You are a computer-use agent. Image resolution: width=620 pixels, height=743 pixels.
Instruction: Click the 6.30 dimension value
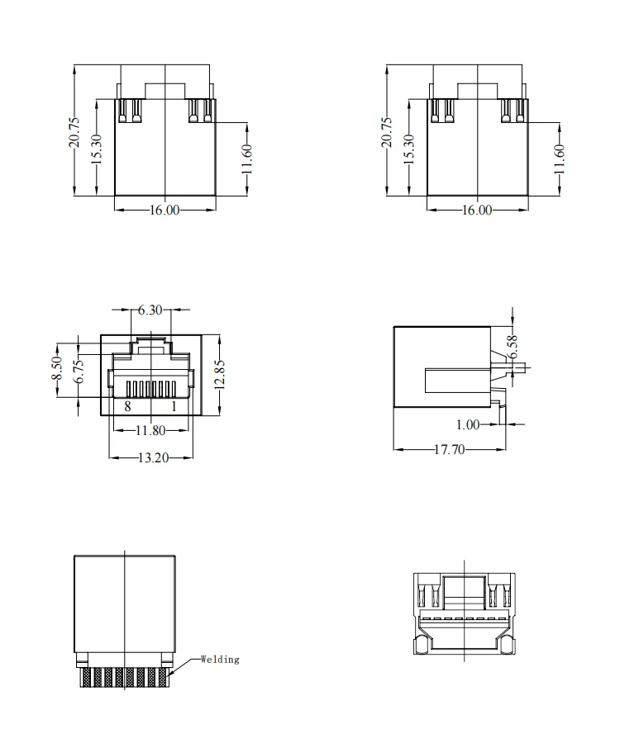coord(150,311)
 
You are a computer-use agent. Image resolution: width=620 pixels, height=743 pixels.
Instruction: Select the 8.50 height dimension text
coord(56,369)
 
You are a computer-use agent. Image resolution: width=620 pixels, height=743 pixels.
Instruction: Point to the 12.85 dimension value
coord(218,376)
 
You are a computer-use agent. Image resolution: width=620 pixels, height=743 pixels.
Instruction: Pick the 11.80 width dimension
coord(150,430)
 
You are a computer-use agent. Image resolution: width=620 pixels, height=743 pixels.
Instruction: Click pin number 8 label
coord(127,406)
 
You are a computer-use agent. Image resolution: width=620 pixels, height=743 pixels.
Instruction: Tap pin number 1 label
coord(174,406)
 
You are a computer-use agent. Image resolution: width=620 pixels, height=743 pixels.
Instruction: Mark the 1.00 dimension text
coord(468,424)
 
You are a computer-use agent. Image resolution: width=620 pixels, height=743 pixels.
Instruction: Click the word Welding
coord(220,659)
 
